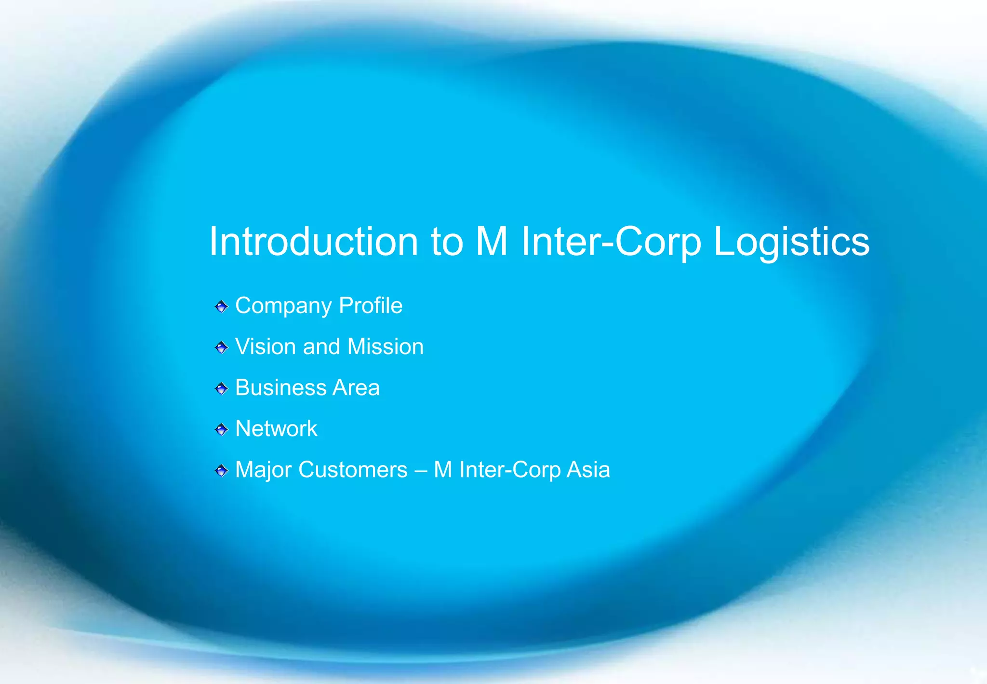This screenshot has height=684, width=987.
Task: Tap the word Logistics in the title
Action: [791, 242]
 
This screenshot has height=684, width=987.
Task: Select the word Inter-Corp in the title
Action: [611, 242]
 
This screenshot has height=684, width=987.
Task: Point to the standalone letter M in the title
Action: [492, 242]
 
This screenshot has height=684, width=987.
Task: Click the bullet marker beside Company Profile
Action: [221, 306]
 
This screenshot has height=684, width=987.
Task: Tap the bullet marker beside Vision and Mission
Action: [221, 347]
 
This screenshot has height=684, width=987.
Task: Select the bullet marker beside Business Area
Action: [221, 388]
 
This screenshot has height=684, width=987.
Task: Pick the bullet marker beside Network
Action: [221, 429]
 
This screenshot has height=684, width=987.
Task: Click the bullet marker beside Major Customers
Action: [221, 470]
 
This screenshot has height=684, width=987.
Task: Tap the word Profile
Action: [370, 305]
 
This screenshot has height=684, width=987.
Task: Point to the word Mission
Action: [385, 347]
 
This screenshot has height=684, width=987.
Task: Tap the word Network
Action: [276, 429]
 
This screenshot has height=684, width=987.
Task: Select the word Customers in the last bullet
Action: [353, 470]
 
